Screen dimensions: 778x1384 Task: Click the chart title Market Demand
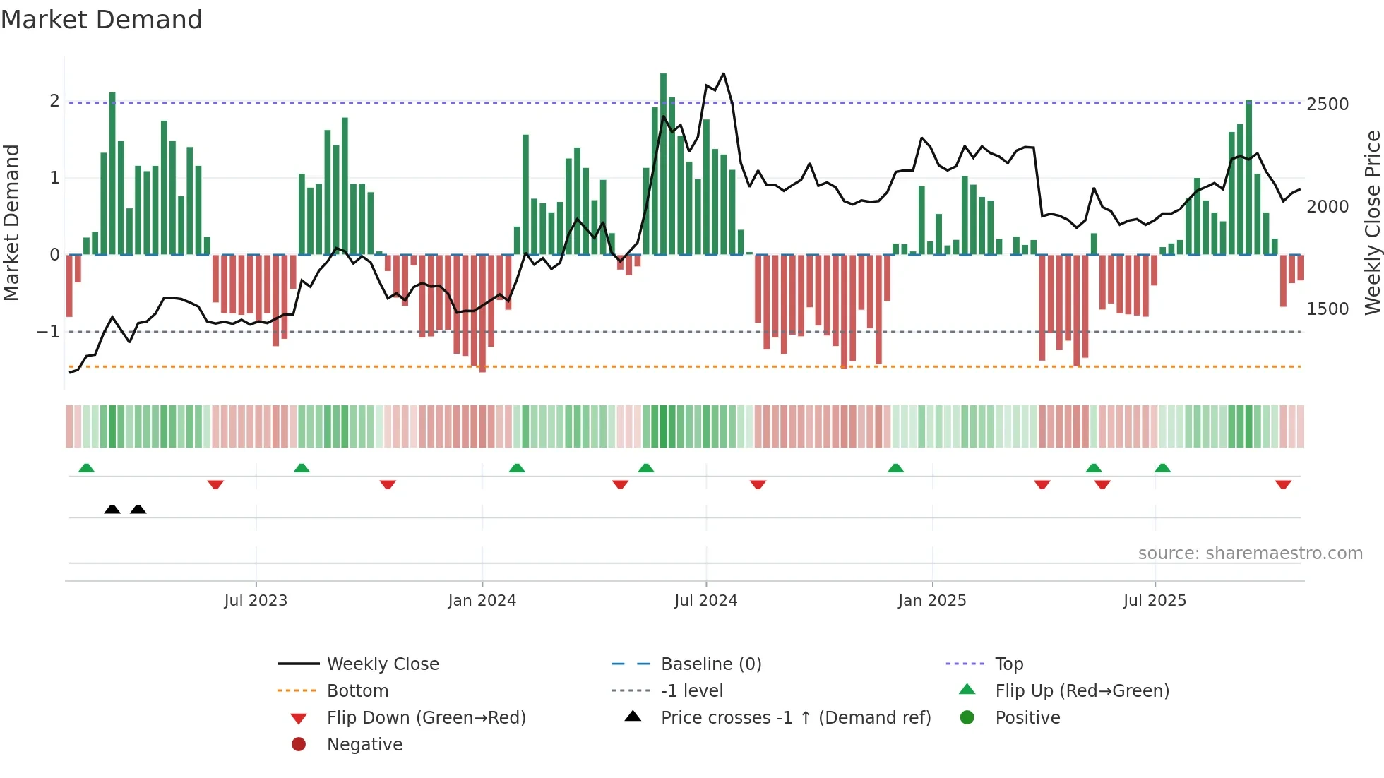coord(102,20)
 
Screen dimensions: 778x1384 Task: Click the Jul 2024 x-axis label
coord(705,601)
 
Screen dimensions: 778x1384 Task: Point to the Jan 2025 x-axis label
coord(931,601)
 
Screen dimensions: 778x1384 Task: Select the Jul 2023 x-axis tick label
coord(256,601)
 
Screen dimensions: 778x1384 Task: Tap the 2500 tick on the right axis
coord(1327,104)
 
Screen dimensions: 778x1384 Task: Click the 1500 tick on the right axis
coord(1327,309)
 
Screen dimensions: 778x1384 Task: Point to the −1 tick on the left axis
coord(48,331)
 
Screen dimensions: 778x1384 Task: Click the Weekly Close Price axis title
coord(1372,222)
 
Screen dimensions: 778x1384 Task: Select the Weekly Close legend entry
coord(382,664)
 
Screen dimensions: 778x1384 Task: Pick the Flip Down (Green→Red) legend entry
coord(426,718)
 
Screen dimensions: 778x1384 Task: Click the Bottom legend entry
coord(357,691)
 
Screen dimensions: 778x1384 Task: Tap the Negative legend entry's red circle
coord(299,745)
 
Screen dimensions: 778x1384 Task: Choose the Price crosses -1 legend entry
coord(795,718)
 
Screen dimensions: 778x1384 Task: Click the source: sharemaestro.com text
coord(1250,553)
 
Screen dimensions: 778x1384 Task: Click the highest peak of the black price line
coord(724,73)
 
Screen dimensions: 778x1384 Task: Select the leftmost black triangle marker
coord(112,509)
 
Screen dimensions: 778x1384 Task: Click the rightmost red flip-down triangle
coord(1283,484)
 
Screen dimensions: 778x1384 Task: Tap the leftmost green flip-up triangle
coord(86,468)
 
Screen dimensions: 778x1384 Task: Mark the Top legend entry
coord(1008,664)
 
